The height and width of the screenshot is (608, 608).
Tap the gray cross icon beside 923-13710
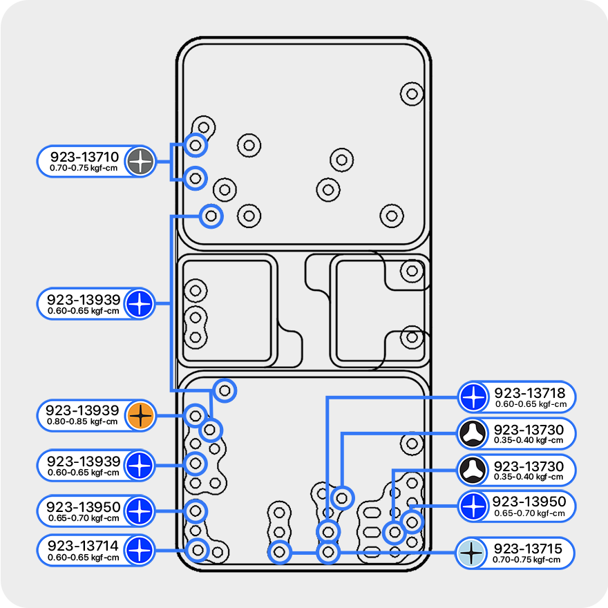[142, 162]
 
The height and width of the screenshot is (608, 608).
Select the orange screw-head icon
[140, 415]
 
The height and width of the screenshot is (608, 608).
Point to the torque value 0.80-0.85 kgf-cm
[82, 421]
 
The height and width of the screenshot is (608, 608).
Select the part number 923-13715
[529, 549]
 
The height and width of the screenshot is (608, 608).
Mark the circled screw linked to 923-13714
[198, 551]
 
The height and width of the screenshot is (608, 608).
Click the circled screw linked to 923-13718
[327, 531]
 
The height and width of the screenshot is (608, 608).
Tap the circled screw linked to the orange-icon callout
[196, 416]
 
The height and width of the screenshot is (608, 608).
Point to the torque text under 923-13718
[531, 404]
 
